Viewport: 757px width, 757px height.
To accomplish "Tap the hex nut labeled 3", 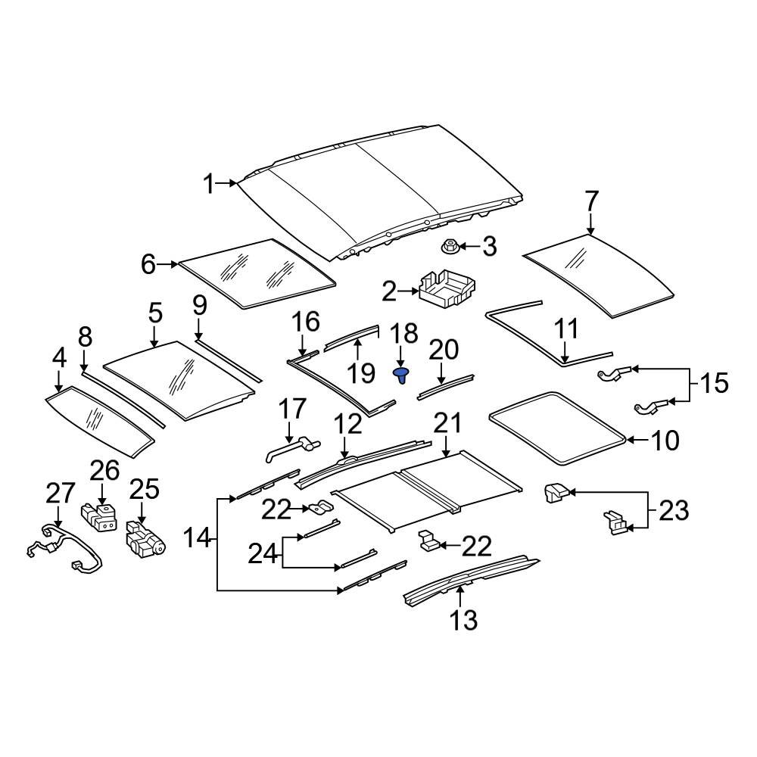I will (x=448, y=246).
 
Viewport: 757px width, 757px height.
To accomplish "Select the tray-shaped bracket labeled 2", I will (x=447, y=290).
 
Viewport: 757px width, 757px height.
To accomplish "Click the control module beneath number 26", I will (x=100, y=517).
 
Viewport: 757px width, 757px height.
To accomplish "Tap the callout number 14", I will (x=198, y=538).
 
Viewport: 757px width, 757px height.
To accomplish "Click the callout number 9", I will (x=198, y=306).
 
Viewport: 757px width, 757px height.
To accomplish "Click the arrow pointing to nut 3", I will (x=468, y=246).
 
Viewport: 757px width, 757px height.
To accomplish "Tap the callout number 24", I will (x=263, y=554).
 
